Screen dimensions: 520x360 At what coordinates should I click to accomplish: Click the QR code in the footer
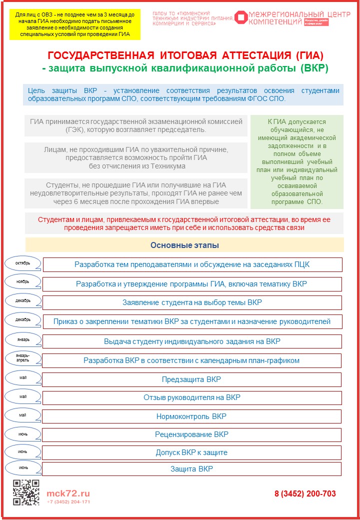point(26,492)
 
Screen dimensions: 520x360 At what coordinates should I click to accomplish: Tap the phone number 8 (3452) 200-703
point(305,493)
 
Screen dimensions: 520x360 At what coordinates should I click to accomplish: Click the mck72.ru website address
point(68,492)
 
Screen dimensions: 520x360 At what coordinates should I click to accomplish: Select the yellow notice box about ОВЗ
point(75,24)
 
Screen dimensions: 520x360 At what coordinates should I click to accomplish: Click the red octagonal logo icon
point(242,18)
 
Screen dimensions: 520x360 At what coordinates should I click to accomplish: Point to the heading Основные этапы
point(184,245)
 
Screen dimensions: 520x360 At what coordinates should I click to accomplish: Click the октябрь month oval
point(23,263)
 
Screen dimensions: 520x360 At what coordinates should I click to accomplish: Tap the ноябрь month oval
point(23,282)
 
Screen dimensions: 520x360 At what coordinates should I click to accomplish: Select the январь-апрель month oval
point(23,358)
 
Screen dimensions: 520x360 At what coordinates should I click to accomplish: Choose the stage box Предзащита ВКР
point(192,379)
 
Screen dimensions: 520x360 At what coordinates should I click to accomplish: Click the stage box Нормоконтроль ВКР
point(192,416)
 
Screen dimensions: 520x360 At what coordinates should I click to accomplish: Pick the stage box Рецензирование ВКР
point(192,434)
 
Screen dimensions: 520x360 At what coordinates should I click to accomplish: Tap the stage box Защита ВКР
point(192,469)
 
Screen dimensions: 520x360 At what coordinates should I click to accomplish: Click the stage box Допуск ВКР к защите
point(192,452)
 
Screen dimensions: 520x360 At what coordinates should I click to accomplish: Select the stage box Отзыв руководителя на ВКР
point(192,398)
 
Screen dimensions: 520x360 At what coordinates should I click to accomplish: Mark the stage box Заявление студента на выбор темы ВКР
point(192,302)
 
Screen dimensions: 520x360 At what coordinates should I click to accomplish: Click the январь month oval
point(23,340)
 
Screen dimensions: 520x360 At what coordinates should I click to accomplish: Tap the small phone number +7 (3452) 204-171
point(68,501)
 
